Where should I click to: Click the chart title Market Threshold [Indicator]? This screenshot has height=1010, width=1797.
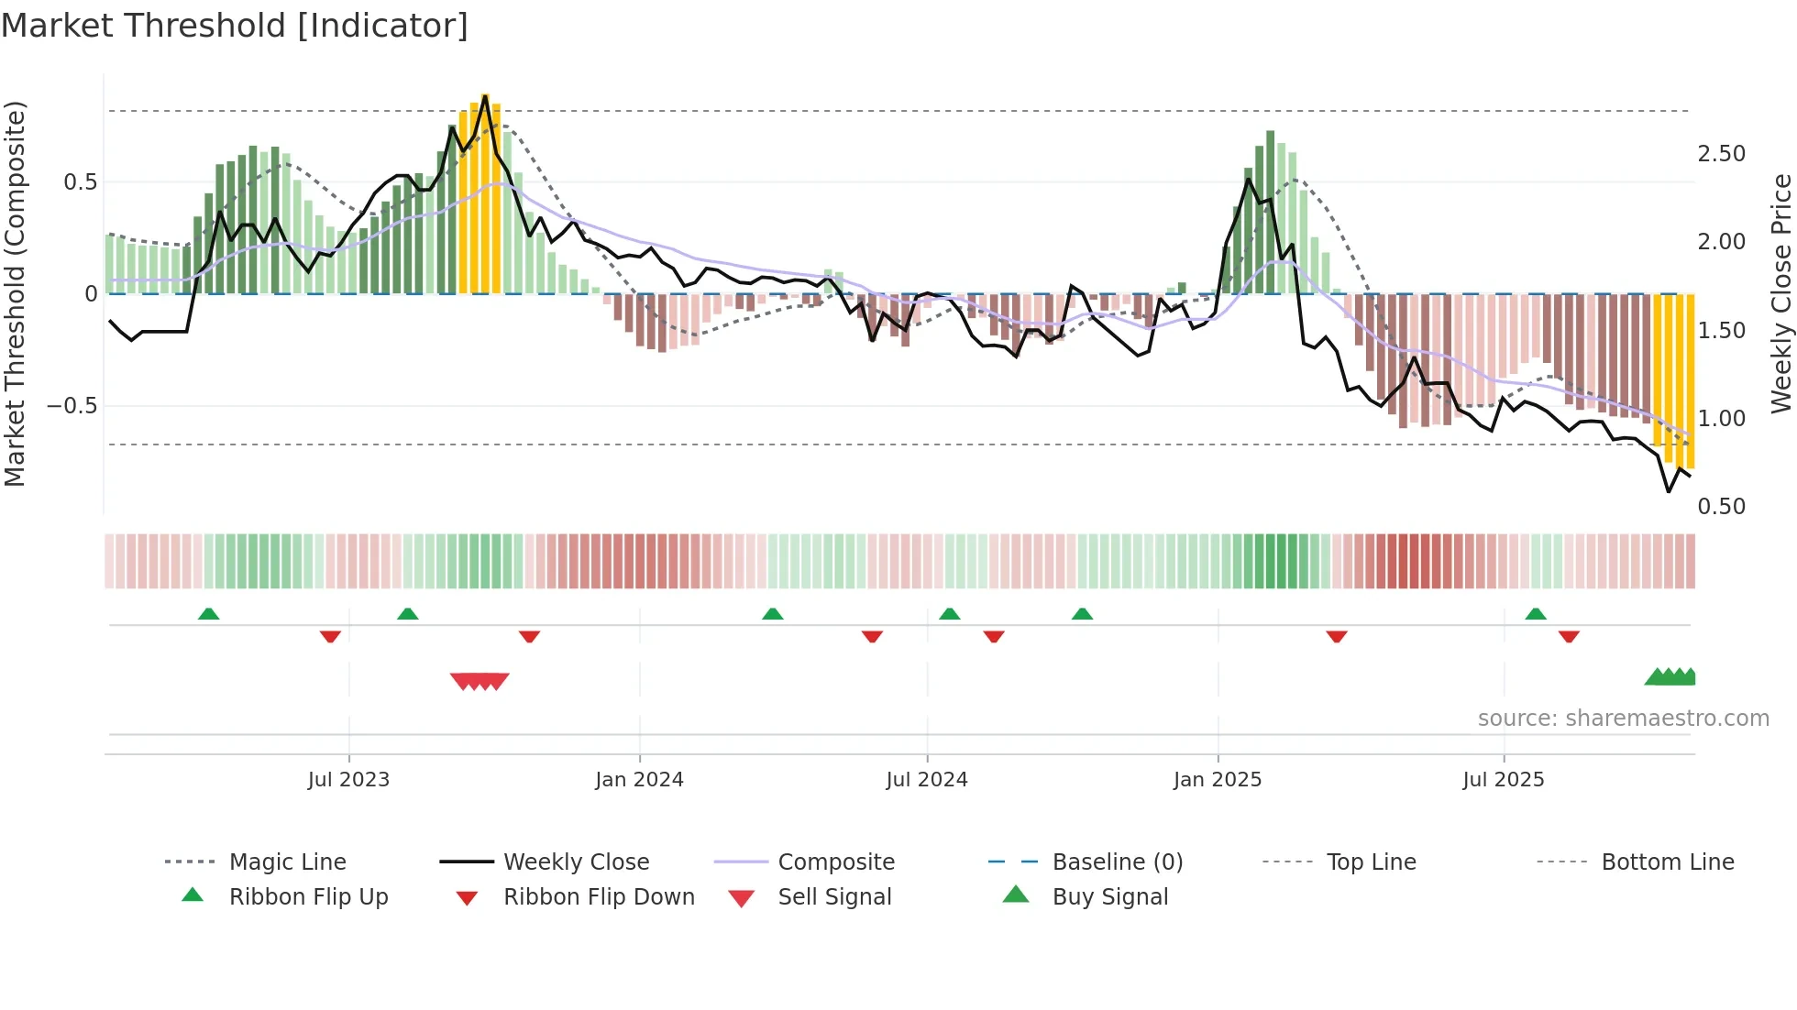tap(235, 26)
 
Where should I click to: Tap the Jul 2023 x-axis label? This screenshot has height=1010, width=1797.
tap(348, 780)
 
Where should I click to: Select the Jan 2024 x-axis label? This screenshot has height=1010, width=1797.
tap(639, 780)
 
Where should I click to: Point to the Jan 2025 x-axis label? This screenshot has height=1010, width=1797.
tap(1218, 780)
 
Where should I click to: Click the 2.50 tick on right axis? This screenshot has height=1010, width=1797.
tap(1721, 154)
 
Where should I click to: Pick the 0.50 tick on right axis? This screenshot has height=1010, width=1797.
tap(1721, 507)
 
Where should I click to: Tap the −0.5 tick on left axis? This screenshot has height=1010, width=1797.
tap(72, 406)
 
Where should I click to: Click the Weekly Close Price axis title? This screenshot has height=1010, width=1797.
tap(1780, 293)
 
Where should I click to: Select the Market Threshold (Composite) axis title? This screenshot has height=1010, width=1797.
tap(15, 293)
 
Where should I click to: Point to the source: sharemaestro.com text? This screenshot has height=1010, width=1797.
tap(1623, 719)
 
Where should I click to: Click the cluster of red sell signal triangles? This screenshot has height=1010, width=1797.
tap(480, 681)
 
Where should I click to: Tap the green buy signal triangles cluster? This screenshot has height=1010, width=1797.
tap(1670, 677)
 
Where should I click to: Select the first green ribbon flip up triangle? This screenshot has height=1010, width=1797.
tap(209, 614)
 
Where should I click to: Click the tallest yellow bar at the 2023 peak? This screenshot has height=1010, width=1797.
tap(486, 192)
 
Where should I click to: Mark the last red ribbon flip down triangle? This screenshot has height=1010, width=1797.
tap(1569, 636)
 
